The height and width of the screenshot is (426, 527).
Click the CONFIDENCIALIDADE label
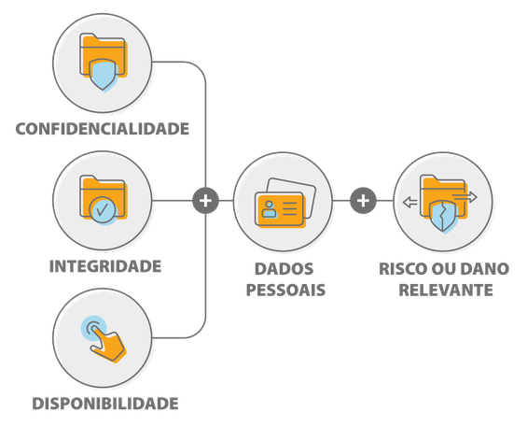coord(103,129)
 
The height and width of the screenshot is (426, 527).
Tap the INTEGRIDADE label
coord(105,266)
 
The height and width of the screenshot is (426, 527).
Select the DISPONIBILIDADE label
coord(105,404)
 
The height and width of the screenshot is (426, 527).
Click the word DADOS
coord(284,269)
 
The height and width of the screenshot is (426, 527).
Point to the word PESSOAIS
coord(285,290)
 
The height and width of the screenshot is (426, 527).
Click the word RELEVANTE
coord(446,290)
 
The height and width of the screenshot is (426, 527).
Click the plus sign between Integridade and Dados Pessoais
coord(206,201)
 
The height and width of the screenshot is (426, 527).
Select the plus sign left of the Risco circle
coord(363,201)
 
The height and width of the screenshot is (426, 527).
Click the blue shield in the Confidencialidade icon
coord(103,75)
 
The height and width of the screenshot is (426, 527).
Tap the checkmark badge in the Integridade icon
coord(103,210)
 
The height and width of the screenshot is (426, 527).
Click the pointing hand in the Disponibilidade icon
coord(108,346)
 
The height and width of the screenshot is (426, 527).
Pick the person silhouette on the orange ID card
coord(269,209)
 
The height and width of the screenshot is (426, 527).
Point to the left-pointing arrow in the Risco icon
coord(410,203)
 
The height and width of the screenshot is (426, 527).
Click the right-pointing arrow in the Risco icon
coord(465,197)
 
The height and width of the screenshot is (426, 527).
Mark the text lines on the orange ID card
coord(289,209)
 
